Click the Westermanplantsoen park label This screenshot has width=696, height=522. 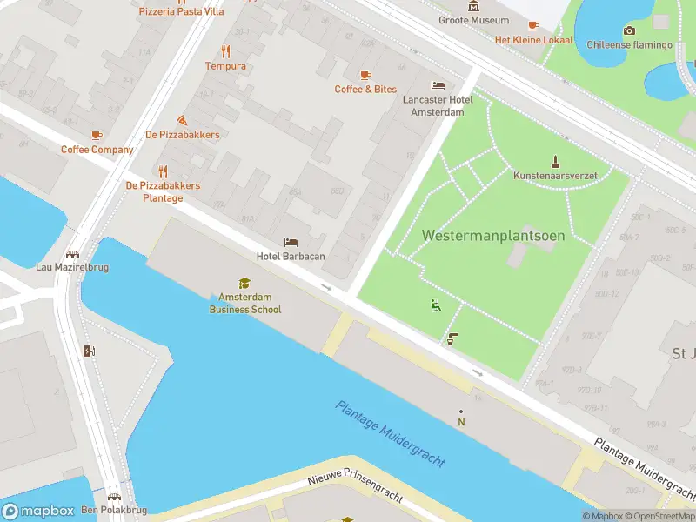(x=493, y=236)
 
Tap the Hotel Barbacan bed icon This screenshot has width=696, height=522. (x=291, y=241)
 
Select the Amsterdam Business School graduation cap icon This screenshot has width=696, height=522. (x=244, y=283)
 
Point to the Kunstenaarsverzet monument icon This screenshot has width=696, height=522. (x=555, y=160)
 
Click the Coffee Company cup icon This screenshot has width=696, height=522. (x=97, y=135)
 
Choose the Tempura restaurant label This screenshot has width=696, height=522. (x=225, y=66)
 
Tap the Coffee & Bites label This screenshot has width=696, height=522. (x=365, y=90)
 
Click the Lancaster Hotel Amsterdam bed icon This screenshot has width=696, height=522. (x=438, y=85)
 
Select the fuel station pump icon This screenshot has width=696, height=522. (x=88, y=351)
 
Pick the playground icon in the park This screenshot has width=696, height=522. (x=435, y=304)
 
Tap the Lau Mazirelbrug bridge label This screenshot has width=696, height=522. (x=72, y=267)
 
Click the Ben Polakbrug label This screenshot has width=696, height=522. (x=114, y=510)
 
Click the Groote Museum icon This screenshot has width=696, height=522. (x=473, y=7)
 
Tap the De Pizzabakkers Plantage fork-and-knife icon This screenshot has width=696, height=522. (x=163, y=171)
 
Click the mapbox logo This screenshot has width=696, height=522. (x=37, y=511)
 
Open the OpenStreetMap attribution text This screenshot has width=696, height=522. (x=664, y=516)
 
